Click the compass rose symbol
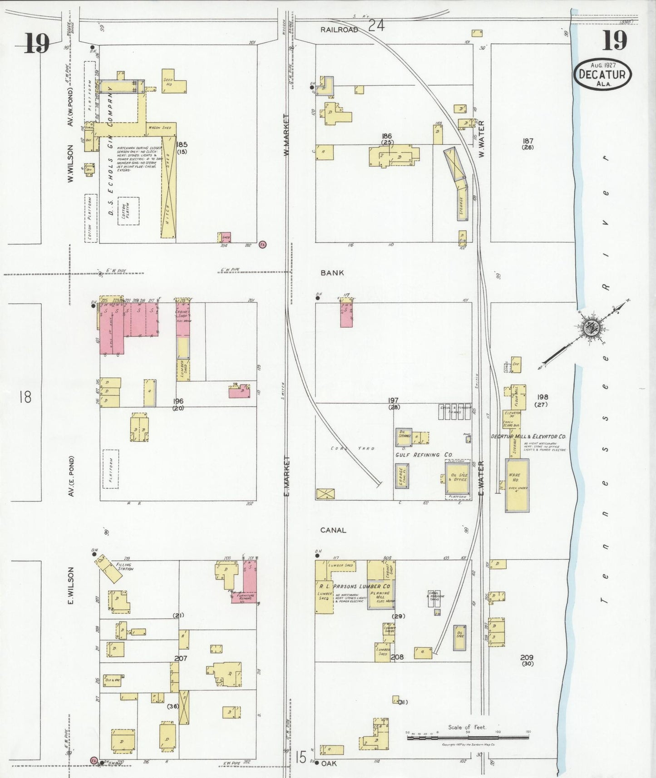(x=592, y=327)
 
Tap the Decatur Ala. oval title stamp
(x=602, y=74)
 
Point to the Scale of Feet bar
(x=468, y=738)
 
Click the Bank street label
(x=332, y=273)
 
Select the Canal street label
(x=333, y=530)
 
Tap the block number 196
(x=178, y=401)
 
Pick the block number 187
(x=528, y=141)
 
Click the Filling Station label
(x=124, y=567)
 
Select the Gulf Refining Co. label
(x=424, y=454)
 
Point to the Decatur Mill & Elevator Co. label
(x=528, y=436)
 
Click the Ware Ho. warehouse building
(x=517, y=485)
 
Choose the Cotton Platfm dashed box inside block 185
(x=128, y=211)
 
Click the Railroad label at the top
(x=339, y=30)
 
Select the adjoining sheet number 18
(x=25, y=398)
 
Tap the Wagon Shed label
(x=160, y=128)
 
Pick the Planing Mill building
(x=380, y=595)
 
